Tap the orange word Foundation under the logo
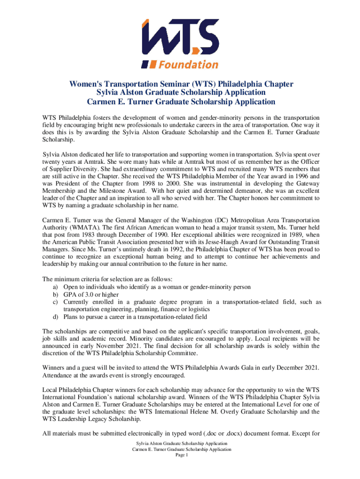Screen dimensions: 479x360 (x=189, y=64)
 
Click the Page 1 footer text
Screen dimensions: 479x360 (x=180, y=456)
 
